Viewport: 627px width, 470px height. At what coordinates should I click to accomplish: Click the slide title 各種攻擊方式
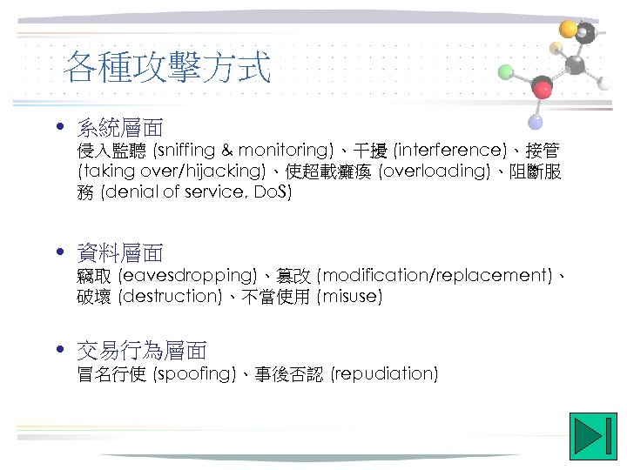[168, 67]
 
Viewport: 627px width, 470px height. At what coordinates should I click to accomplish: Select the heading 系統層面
[120, 128]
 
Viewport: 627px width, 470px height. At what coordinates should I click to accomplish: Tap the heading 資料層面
[120, 253]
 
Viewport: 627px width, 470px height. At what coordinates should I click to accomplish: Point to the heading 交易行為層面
[142, 351]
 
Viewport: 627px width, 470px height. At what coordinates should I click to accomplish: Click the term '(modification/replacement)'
[435, 275]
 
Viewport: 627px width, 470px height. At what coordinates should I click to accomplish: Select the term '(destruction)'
[171, 296]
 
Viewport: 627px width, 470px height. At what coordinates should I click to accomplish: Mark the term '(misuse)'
[350, 296]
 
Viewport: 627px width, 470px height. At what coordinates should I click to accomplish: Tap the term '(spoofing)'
[194, 373]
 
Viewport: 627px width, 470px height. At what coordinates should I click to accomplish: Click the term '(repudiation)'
[384, 373]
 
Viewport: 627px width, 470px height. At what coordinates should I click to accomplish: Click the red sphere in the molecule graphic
[543, 87]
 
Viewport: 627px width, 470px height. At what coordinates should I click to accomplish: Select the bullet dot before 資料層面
[58, 252]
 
